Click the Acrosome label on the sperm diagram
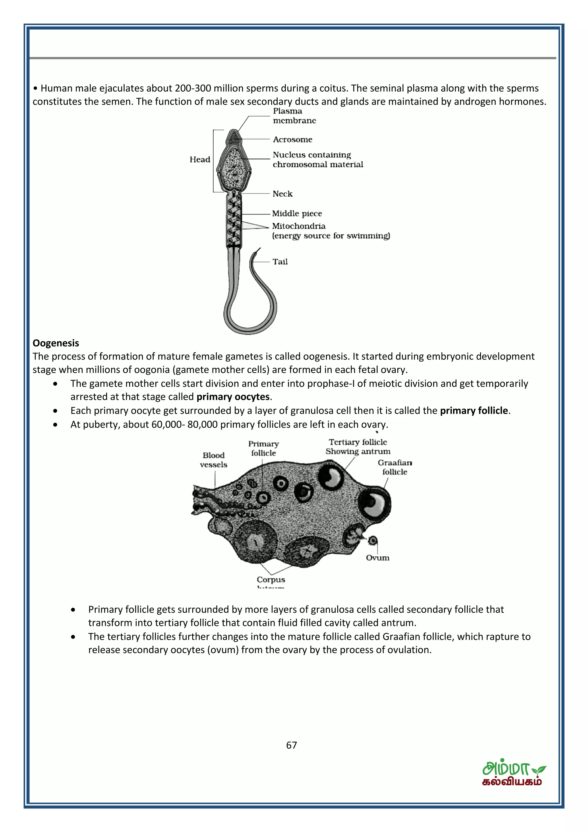click(x=292, y=140)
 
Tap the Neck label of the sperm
click(x=282, y=194)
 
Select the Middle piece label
click(x=297, y=213)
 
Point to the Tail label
click(x=280, y=262)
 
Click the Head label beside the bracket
click(x=200, y=159)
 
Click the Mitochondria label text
click(x=299, y=226)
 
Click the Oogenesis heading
click(x=56, y=343)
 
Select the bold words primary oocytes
click(x=233, y=397)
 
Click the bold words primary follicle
click(x=474, y=411)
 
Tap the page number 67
click(x=291, y=745)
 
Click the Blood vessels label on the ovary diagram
click(x=213, y=460)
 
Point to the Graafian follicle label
click(x=394, y=467)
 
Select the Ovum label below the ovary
click(x=377, y=558)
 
